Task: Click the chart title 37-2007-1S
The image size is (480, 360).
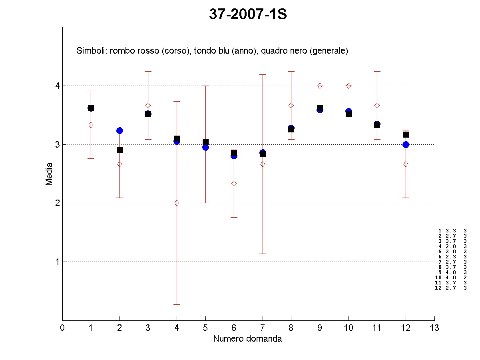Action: click(248, 14)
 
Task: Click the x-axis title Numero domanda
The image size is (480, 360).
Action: click(247, 339)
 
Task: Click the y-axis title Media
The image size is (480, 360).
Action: click(49, 174)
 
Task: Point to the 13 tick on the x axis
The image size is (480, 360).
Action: click(434, 328)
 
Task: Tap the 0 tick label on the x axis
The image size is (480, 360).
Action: click(62, 328)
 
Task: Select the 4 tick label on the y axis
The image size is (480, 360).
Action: click(57, 86)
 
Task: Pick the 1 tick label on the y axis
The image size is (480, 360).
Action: click(57, 262)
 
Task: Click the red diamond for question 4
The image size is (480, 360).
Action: click(177, 203)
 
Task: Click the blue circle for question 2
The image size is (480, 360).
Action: click(120, 130)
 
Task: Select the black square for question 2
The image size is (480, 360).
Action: click(120, 150)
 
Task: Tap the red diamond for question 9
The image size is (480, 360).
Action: click(320, 86)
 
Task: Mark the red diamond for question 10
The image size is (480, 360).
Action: click(349, 86)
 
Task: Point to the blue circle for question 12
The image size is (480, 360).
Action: click(406, 144)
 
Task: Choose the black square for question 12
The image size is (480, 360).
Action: click(406, 134)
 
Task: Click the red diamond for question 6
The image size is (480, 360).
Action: click(234, 183)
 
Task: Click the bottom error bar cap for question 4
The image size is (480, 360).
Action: click(177, 304)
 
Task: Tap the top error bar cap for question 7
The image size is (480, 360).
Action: click(263, 74)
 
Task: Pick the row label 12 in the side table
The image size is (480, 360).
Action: click(438, 288)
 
